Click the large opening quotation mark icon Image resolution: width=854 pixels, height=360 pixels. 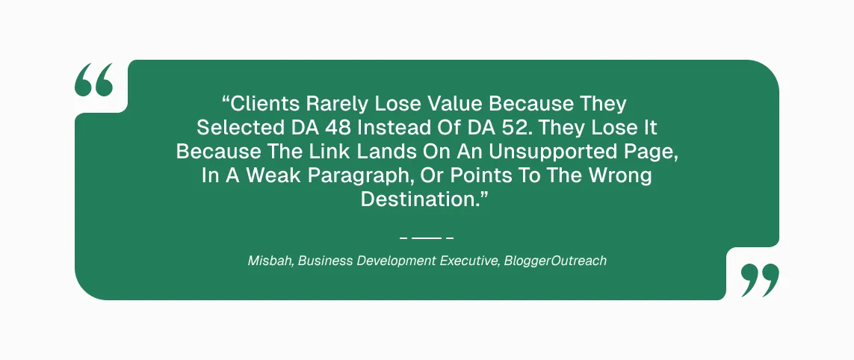click(x=93, y=80)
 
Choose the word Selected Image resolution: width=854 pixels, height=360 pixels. click(x=238, y=128)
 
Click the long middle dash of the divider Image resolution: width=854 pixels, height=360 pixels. click(x=427, y=238)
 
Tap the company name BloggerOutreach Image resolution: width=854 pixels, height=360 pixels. click(x=555, y=261)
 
